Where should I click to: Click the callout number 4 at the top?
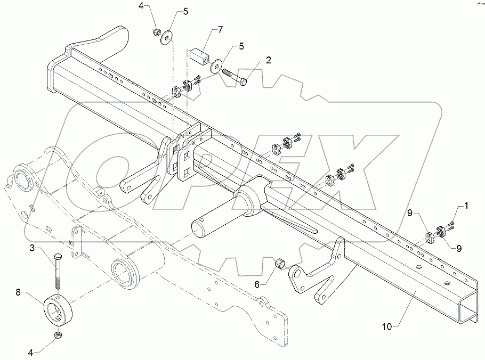[141, 7]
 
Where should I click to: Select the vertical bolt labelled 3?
[58, 275]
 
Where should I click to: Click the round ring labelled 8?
[58, 309]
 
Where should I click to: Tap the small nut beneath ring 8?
[58, 335]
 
